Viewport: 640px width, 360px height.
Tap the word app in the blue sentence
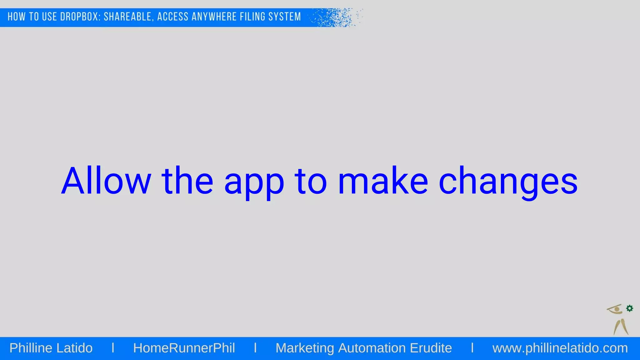point(254,184)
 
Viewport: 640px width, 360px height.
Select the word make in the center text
point(383,181)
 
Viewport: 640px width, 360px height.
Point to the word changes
point(508,183)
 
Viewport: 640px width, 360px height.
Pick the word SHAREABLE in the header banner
point(128,17)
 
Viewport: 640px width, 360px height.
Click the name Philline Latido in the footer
point(51,348)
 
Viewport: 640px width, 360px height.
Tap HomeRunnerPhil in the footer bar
point(184,348)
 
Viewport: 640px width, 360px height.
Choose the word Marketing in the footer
point(305,348)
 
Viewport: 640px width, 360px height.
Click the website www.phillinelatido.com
point(560,348)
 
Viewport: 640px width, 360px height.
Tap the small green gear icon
point(630,308)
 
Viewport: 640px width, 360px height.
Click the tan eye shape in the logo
point(615,309)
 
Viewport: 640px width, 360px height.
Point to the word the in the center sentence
point(187,181)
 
